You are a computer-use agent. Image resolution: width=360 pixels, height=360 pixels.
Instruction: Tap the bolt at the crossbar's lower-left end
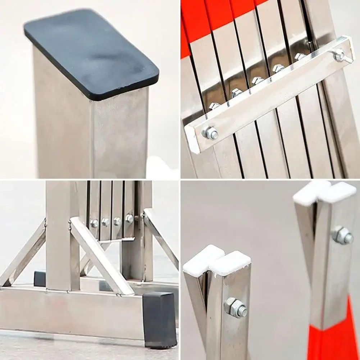pyautogui.click(x=210, y=133)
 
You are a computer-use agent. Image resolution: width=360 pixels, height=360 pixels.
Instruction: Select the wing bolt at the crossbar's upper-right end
pyautogui.click(x=339, y=55)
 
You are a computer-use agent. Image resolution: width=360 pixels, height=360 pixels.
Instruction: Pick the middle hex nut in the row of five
pyautogui.click(x=258, y=81)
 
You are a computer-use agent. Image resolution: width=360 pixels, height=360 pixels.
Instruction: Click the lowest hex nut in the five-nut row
pyautogui.click(x=214, y=106)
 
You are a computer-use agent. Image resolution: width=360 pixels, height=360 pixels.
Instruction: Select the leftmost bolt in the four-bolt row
pyautogui.click(x=94, y=223)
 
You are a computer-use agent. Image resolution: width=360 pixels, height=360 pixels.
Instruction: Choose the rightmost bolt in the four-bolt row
pyautogui.click(x=129, y=218)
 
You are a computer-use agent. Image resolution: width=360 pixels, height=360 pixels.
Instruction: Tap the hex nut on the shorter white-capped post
pyautogui.click(x=236, y=307)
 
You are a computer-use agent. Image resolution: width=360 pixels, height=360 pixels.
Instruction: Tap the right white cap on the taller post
pyautogui.click(x=338, y=192)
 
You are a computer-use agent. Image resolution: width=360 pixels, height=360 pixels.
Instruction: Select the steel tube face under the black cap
pyautogui.click(x=119, y=137)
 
